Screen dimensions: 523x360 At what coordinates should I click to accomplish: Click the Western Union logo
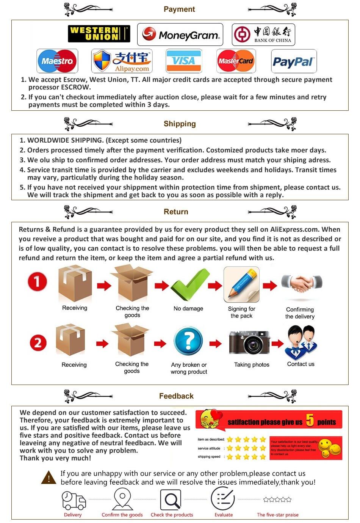click(99, 34)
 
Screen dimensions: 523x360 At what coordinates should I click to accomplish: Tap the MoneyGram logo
click(180, 35)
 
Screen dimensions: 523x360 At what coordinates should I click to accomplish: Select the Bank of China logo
click(263, 35)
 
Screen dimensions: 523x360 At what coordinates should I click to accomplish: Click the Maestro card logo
click(57, 61)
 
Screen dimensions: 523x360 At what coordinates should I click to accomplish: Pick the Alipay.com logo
click(122, 61)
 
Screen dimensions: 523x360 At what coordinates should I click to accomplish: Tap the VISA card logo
click(184, 61)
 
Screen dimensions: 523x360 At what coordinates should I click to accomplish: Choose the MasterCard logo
click(236, 61)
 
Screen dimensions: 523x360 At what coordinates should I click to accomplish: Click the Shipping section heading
click(180, 124)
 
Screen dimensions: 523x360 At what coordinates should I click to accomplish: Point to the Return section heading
click(176, 212)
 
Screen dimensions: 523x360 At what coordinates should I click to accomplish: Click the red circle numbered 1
click(37, 282)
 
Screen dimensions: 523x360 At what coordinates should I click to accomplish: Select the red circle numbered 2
click(38, 343)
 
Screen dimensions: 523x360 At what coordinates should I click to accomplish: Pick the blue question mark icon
click(188, 341)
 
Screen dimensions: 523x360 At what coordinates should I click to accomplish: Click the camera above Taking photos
click(250, 342)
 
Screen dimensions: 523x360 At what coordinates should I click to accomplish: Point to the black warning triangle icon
click(49, 477)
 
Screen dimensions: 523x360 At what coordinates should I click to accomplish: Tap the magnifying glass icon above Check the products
click(171, 500)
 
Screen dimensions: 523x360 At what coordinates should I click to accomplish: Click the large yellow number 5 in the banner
click(310, 420)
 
